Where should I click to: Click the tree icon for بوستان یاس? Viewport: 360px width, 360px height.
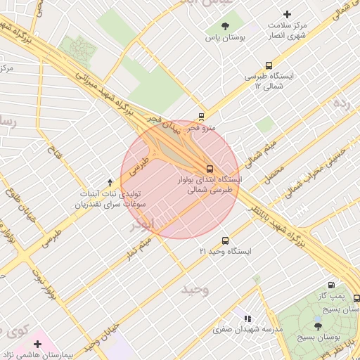tap(224, 27)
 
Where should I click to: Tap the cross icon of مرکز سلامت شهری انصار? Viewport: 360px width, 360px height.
tap(286, 14)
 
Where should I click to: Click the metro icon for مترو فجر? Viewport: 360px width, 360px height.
tap(202, 116)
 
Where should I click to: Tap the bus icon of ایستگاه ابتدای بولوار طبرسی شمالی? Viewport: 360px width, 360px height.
tap(210, 168)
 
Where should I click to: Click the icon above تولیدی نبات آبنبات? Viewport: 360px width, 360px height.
tap(109, 182)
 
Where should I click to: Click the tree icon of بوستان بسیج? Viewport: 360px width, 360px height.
tap(318, 326)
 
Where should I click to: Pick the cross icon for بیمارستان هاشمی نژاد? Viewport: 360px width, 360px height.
tap(37, 344)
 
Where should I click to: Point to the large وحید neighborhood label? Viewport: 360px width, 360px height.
tap(195, 290)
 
